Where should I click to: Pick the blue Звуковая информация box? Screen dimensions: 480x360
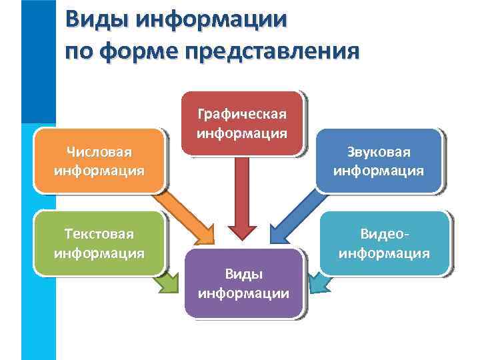378,161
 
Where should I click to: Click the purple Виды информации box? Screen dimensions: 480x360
243,283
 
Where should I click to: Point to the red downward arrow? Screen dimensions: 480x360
243,200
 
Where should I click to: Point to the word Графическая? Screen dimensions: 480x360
242,114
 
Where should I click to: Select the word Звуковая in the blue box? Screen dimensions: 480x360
378,153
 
